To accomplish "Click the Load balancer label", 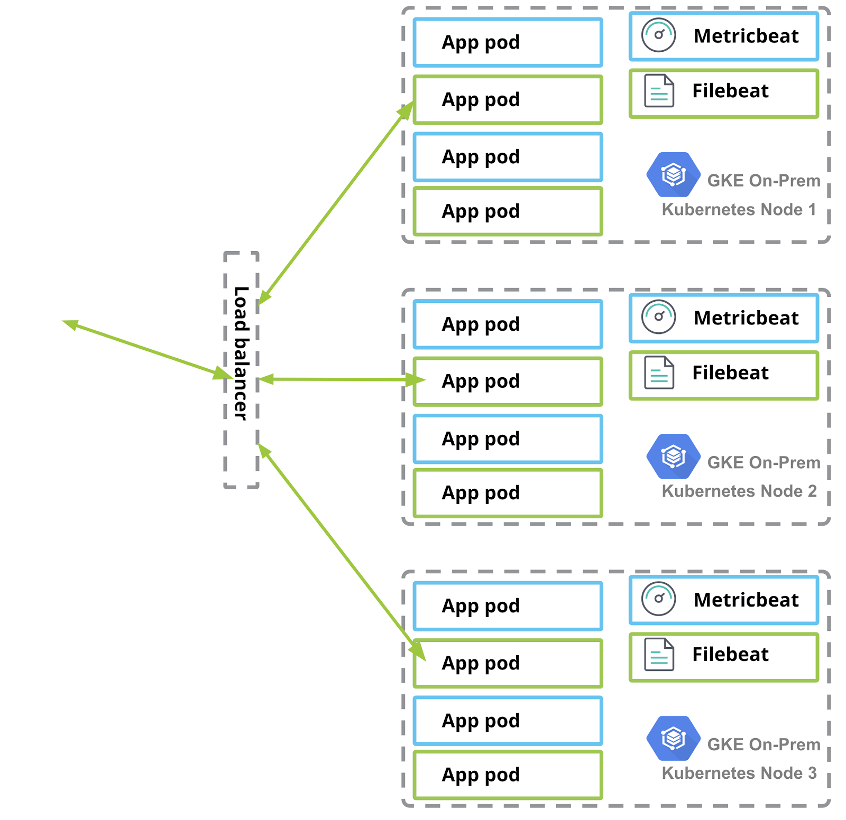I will coord(241,353).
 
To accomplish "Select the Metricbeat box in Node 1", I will coord(723,36).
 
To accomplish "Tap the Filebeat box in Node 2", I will coord(723,375).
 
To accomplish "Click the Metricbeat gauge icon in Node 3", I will coord(658,599).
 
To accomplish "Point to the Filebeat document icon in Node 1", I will coord(659,91).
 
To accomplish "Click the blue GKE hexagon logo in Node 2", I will coord(673,456).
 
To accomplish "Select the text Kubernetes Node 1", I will coord(739,210).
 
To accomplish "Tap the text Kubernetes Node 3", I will coord(739,773).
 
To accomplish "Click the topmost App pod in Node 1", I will coord(508,42).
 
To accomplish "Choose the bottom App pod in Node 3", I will coord(508,775).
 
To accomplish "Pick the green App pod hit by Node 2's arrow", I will coord(508,381).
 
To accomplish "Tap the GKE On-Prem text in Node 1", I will coord(764,181).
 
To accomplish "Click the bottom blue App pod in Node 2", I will coord(508,439).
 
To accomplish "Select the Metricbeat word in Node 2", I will coord(746,318).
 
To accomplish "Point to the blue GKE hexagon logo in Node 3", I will coord(673,738).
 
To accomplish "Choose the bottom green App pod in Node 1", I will coord(508,211).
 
